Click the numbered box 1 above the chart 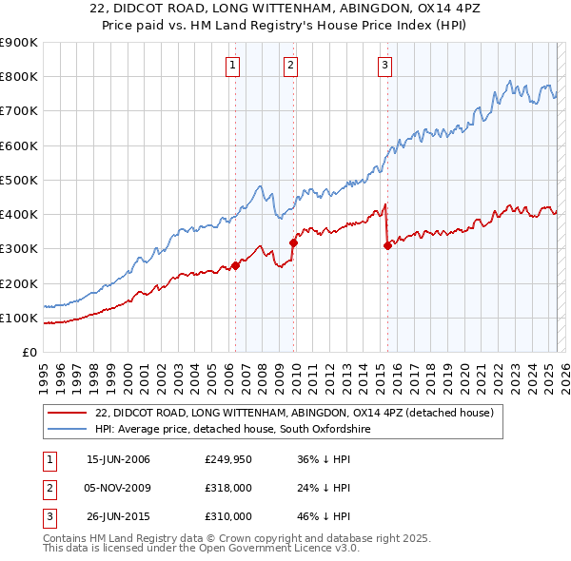coord(233,66)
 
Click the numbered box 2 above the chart coord(290,66)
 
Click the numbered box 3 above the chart coord(384,66)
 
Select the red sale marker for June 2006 coord(235,266)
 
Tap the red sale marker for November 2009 coord(293,242)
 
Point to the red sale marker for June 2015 coord(387,245)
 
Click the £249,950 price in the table coord(227,459)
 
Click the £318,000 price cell coord(227,488)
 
